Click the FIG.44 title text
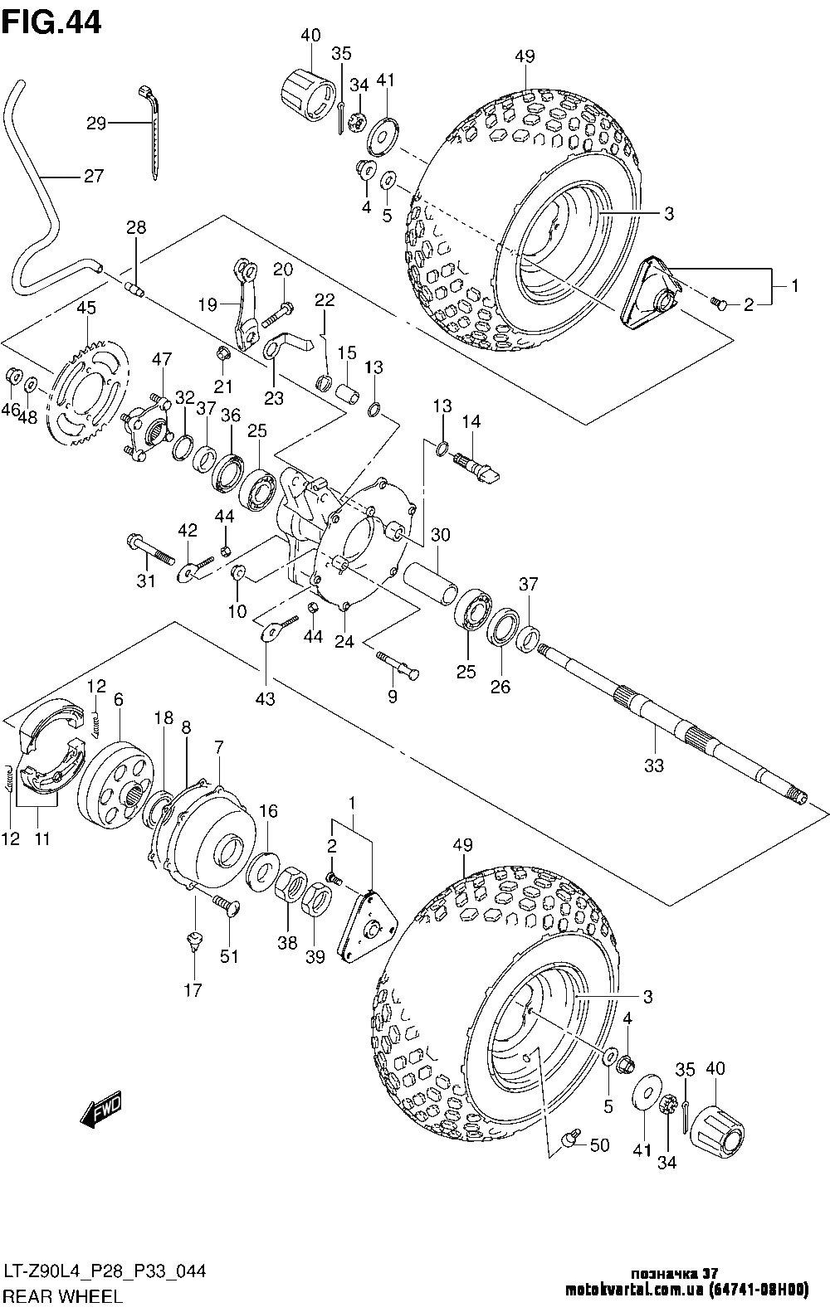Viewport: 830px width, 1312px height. pyautogui.click(x=51, y=22)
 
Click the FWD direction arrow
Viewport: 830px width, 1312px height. pyautogui.click(x=101, y=1110)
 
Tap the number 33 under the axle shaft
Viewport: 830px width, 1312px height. pyautogui.click(x=654, y=765)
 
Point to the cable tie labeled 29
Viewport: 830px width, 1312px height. pyautogui.click(x=154, y=124)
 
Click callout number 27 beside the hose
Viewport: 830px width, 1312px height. pyautogui.click(x=92, y=176)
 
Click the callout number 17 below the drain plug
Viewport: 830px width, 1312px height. pyautogui.click(x=193, y=989)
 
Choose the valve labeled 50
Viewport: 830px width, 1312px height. pyautogui.click(x=569, y=1140)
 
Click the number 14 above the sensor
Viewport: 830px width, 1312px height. pyautogui.click(x=471, y=422)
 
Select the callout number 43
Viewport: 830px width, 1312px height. pyautogui.click(x=265, y=699)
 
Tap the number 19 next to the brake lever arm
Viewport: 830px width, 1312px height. pyautogui.click(x=207, y=304)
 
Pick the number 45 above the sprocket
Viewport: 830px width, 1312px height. pyautogui.click(x=86, y=308)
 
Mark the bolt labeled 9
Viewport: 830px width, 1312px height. pyautogui.click(x=398, y=662)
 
